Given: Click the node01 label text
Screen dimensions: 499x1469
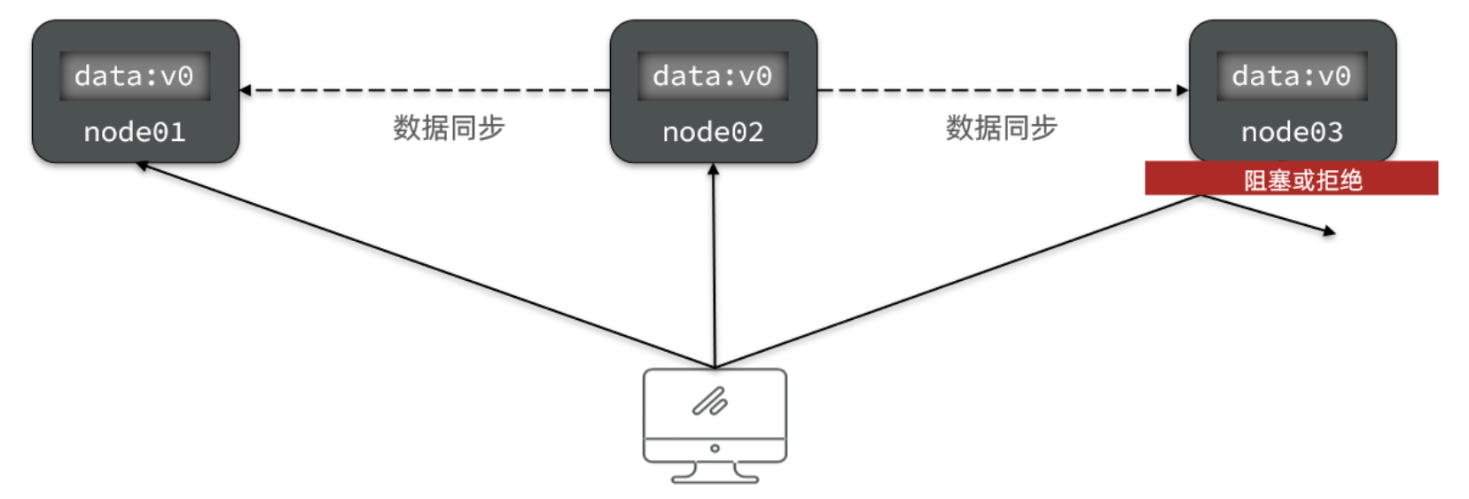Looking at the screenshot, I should (135, 132).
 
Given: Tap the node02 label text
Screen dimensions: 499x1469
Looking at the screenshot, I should (713, 132).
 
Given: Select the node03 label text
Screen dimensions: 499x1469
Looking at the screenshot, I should (1292, 132).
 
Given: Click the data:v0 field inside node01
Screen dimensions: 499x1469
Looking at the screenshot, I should (135, 76).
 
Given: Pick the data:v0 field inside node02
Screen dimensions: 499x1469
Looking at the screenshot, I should (713, 76).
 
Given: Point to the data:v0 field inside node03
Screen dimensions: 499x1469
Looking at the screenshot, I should (1292, 76).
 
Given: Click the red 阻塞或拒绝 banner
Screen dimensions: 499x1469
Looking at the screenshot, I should (1291, 178).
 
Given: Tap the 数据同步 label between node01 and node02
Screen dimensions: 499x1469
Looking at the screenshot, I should (449, 128).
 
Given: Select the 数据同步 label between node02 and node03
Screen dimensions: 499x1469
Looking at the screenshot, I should (1001, 128).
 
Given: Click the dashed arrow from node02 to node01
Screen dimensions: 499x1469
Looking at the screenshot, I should (426, 90).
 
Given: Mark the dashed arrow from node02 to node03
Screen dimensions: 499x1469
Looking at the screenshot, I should (1002, 90).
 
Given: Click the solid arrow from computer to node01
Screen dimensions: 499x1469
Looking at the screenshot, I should (426, 265).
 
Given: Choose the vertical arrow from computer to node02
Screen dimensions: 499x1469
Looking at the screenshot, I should (714, 266).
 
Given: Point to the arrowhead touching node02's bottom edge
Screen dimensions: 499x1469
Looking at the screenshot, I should (713, 168).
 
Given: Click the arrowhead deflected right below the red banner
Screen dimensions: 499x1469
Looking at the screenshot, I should (1330, 232).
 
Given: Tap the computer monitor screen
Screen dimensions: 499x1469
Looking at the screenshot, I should (715, 403).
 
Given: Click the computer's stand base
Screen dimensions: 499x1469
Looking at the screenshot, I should (715, 479).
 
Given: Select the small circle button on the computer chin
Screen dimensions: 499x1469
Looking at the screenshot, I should (715, 448).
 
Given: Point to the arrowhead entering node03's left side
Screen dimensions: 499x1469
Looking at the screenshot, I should (1183, 90).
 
